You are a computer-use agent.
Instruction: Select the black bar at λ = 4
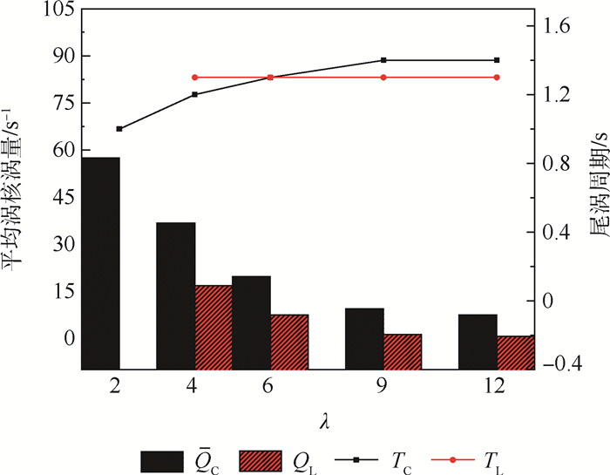point(175,296)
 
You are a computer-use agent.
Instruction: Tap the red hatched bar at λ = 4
point(213,327)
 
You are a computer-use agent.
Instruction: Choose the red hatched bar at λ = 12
point(514,352)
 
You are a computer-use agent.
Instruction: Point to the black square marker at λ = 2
point(119,129)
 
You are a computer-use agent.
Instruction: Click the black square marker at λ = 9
point(383,60)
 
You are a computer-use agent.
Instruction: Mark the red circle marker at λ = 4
point(194,78)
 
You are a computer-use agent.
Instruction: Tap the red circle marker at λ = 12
point(497,78)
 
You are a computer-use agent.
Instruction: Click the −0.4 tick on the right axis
point(559,363)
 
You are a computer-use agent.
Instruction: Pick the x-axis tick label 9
point(383,389)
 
